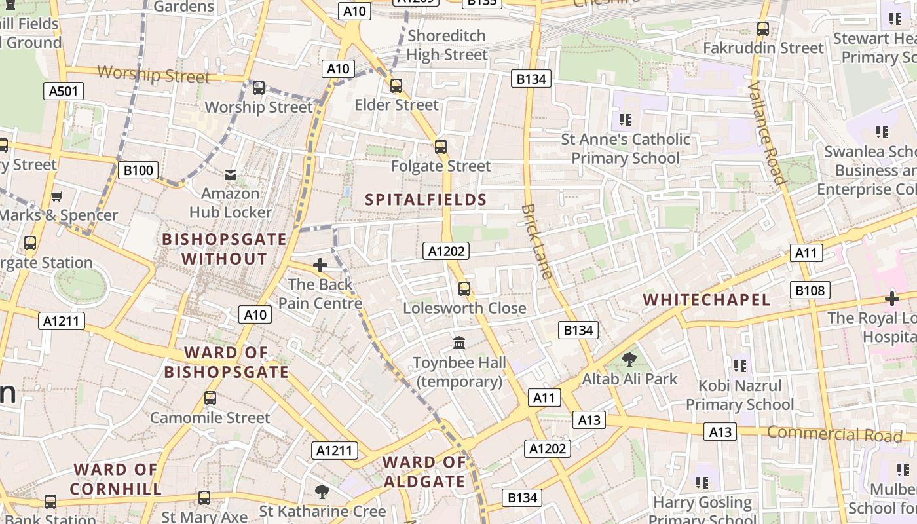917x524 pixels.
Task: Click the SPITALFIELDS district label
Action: pos(426,200)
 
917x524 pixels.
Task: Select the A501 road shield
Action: pos(64,91)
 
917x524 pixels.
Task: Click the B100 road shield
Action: pos(138,171)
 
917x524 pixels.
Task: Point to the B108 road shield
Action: pos(810,290)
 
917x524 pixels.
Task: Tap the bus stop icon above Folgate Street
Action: pos(441,146)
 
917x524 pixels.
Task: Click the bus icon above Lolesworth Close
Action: pos(464,288)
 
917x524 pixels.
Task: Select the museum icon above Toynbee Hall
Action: pos(459,343)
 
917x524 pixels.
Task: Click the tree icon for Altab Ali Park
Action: pos(629,359)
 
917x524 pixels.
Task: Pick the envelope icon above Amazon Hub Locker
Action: pos(231,174)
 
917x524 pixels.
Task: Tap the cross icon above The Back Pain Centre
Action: pos(320,265)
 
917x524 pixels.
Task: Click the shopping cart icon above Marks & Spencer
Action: pos(57,196)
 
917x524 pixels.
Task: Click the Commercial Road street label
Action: pos(834,434)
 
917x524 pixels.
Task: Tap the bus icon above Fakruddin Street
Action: pos(762,28)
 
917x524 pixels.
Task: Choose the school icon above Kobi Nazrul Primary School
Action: pos(740,365)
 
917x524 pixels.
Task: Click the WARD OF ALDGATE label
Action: pos(424,472)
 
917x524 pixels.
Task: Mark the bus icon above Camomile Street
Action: pos(210,398)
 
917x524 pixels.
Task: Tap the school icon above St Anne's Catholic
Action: pos(626,120)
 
